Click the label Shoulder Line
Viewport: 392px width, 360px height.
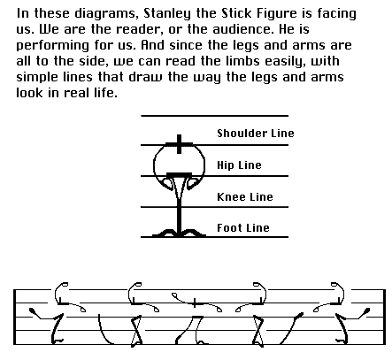tap(256, 134)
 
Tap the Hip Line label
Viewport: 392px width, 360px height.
tap(239, 165)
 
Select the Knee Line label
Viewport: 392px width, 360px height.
tap(245, 196)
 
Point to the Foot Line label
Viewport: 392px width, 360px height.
tap(243, 227)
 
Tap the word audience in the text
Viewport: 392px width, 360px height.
tap(242, 29)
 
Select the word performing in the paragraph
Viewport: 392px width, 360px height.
tap(52, 46)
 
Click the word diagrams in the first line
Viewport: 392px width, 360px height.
tap(105, 14)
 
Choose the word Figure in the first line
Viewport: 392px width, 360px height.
tap(276, 14)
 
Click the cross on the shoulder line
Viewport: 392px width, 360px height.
tap(179, 144)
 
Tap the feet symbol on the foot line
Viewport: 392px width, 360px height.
tap(179, 233)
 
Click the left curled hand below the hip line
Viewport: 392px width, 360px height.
tap(167, 183)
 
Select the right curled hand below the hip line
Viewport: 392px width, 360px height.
tap(192, 183)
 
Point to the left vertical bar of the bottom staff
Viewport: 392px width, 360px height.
tap(14, 317)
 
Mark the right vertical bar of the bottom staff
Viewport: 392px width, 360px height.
tap(384, 317)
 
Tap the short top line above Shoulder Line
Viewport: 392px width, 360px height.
tap(214, 116)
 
